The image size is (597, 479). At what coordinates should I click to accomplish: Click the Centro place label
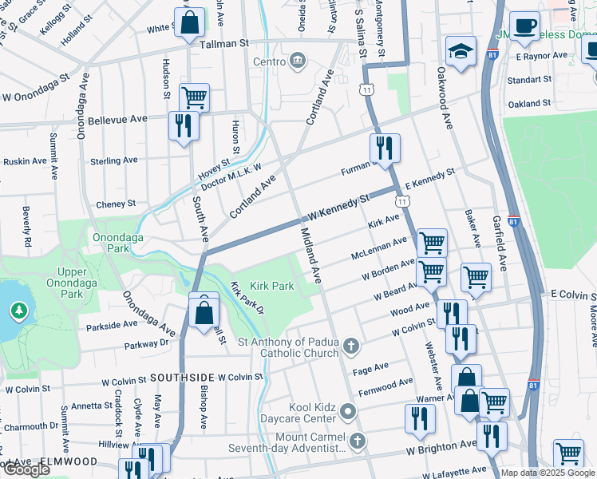269,61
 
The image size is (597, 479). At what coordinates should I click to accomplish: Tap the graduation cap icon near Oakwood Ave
461,53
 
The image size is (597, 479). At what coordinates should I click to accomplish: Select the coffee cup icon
524,26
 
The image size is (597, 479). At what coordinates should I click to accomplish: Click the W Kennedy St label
340,207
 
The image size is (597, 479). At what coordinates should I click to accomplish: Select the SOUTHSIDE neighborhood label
180,377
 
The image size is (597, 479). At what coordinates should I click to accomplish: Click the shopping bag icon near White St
191,25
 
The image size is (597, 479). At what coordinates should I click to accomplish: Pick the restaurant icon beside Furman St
384,148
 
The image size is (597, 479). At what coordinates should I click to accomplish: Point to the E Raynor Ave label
541,57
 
